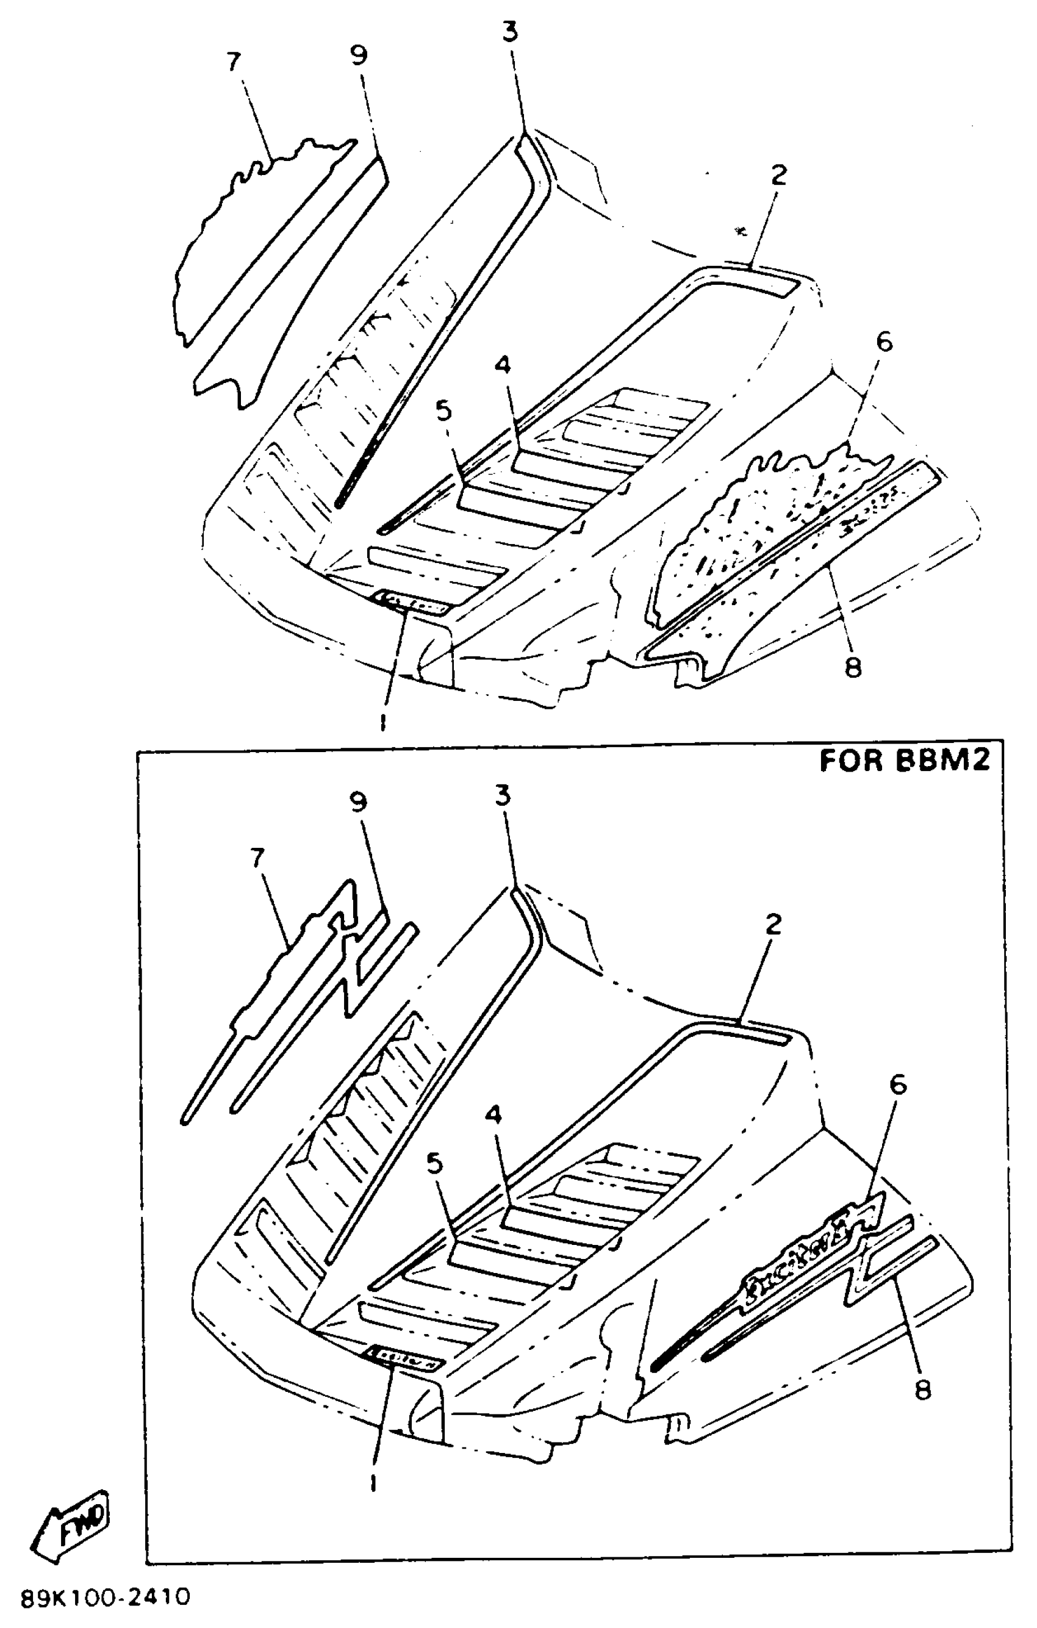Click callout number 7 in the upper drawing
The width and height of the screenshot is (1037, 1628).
point(233,62)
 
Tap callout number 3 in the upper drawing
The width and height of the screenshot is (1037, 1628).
point(511,32)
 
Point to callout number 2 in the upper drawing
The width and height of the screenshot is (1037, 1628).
point(779,175)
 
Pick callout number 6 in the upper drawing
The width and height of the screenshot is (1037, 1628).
point(884,342)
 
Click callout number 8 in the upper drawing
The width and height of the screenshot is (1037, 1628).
point(853,667)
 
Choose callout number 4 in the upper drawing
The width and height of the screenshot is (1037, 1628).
point(502,365)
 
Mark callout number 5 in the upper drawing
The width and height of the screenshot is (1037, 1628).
point(443,411)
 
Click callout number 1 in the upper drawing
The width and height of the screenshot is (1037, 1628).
point(382,723)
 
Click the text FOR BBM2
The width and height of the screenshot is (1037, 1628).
point(905,761)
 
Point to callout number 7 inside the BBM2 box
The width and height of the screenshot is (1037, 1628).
point(257,859)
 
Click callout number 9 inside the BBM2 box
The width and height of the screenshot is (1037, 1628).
point(358,802)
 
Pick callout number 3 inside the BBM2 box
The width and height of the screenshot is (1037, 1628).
point(502,797)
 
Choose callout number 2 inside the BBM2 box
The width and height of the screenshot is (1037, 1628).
point(773,924)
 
